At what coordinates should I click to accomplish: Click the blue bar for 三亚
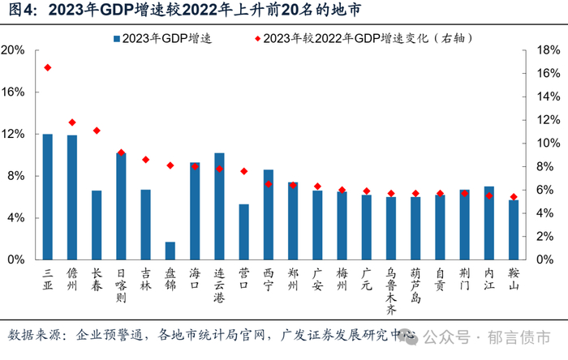coord(48,197)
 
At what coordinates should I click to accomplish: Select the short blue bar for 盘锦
coord(170,251)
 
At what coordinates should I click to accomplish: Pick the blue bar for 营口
coord(243,233)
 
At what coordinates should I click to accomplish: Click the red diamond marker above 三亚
coord(48,67)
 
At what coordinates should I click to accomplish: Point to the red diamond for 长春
coord(97,131)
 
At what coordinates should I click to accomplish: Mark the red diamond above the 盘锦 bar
coord(170,165)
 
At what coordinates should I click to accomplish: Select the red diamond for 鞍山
coord(513,197)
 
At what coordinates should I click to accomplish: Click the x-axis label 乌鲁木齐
coord(390,290)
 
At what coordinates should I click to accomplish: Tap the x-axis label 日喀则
coord(121,285)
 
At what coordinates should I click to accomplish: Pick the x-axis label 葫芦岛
coord(415,285)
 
